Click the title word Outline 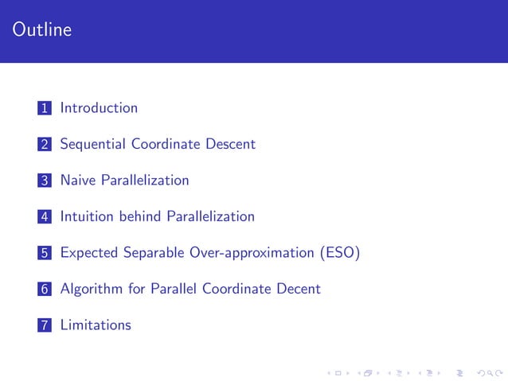click(x=42, y=30)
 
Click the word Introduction click(x=99, y=107)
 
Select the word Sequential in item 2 click(x=94, y=144)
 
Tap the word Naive click(x=79, y=180)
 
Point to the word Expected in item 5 click(x=90, y=253)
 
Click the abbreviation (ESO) click(x=340, y=253)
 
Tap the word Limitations click(x=96, y=325)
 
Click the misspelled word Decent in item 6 click(x=299, y=289)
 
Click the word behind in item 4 click(x=140, y=216)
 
